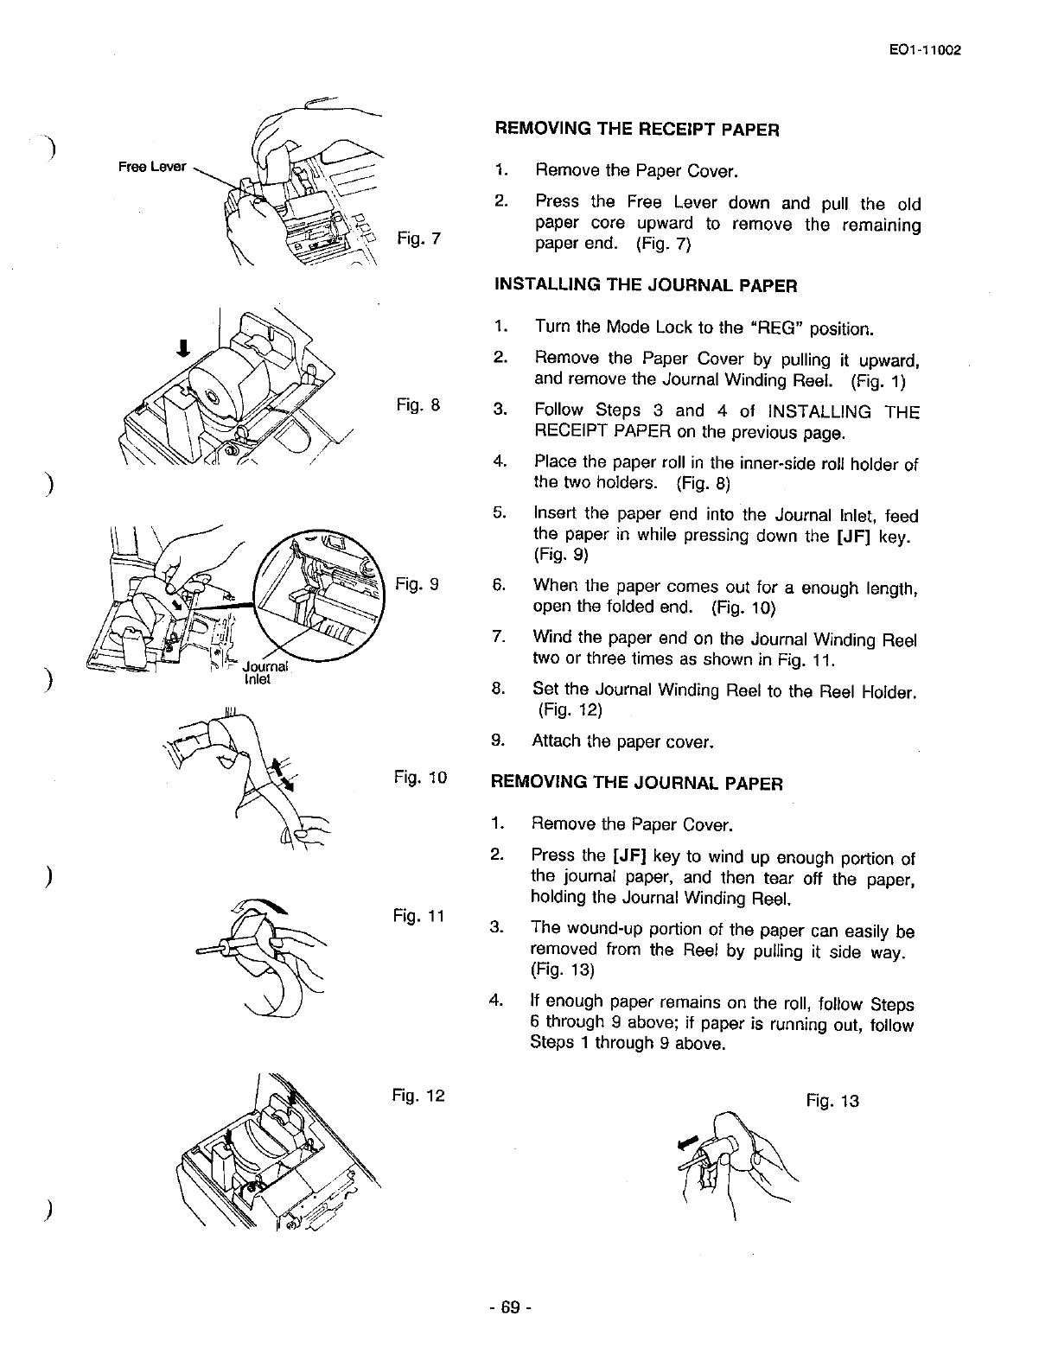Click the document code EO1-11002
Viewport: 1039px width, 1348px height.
tap(925, 49)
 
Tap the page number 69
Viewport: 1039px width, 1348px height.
tap(509, 1307)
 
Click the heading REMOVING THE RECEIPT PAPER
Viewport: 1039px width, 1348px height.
tap(636, 130)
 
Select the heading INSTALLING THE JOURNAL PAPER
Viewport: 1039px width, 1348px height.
tap(645, 284)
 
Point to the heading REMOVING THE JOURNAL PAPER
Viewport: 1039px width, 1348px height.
tap(637, 784)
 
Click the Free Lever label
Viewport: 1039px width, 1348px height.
tap(152, 166)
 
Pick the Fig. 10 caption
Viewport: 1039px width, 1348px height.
tap(420, 778)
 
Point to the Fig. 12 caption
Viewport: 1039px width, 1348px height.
tap(418, 1096)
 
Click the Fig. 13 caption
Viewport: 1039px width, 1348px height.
tap(832, 1101)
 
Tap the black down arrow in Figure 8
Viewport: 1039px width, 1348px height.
tap(182, 347)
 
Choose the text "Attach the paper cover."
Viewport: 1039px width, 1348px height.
tap(622, 741)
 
